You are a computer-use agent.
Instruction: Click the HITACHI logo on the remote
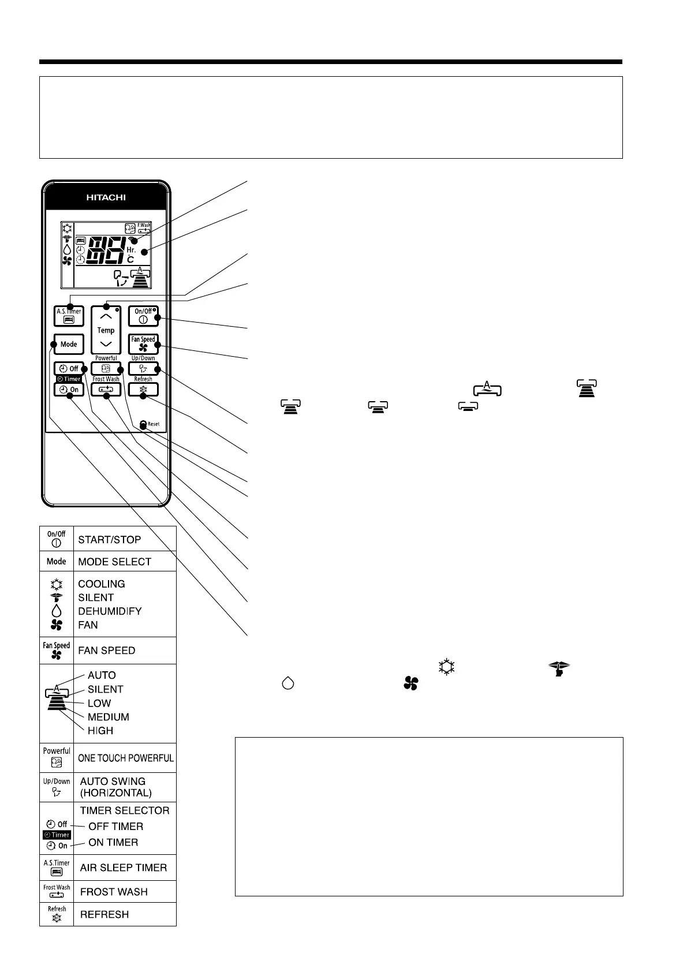[106, 197]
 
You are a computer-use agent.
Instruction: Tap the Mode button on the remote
[68, 344]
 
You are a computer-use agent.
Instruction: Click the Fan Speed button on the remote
[143, 344]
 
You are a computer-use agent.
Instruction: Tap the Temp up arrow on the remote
[106, 317]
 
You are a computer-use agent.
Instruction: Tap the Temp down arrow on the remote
[106, 343]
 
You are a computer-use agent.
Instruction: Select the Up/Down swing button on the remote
[143, 369]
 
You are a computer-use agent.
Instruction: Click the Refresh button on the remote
[143, 390]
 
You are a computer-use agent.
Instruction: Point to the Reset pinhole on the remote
[143, 424]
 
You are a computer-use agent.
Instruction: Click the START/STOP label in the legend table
[109, 540]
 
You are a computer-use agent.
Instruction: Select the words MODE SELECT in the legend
[114, 562]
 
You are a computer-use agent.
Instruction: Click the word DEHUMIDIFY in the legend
[110, 611]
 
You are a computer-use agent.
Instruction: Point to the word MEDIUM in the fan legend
[108, 717]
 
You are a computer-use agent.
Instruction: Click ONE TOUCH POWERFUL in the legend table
[125, 758]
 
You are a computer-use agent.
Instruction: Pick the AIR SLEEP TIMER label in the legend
[123, 868]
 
